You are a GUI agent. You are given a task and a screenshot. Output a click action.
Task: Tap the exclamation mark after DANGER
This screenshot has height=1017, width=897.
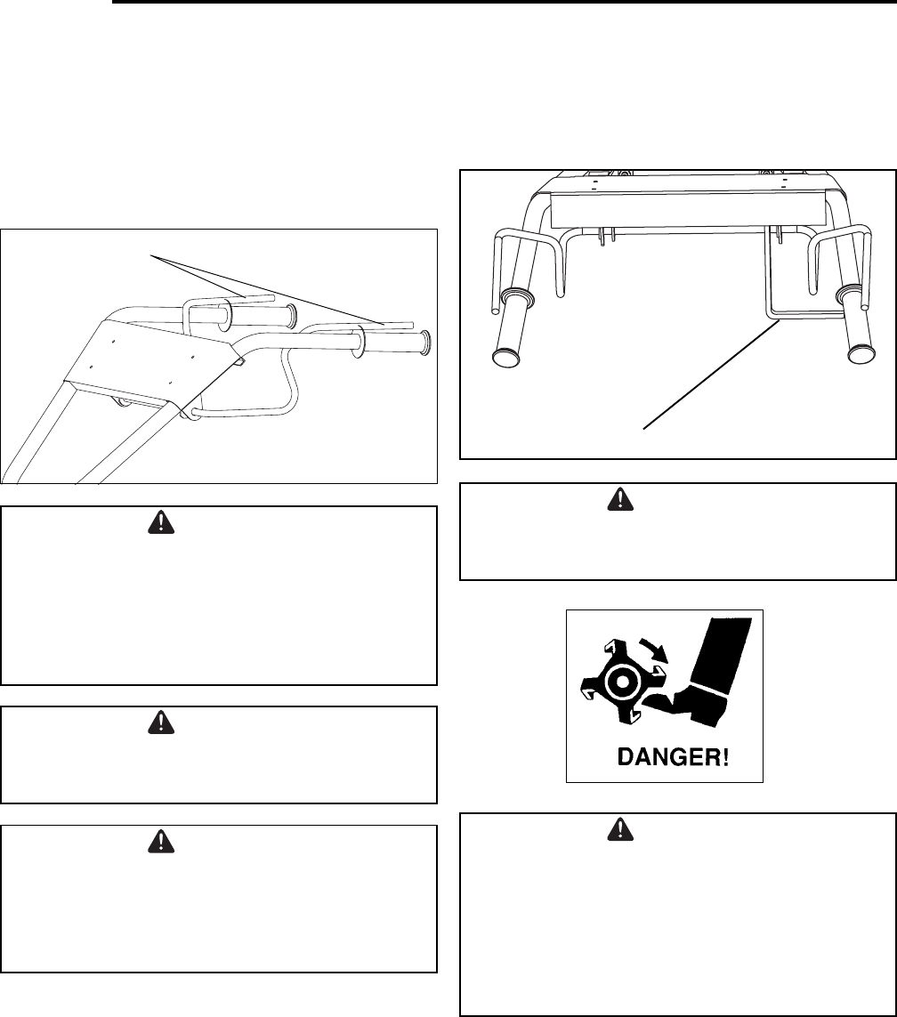coord(724,758)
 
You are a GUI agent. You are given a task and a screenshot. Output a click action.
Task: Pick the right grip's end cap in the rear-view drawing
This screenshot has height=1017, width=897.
coord(861,352)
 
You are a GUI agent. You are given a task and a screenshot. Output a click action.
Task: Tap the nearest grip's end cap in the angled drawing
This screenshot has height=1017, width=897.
coord(425,343)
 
